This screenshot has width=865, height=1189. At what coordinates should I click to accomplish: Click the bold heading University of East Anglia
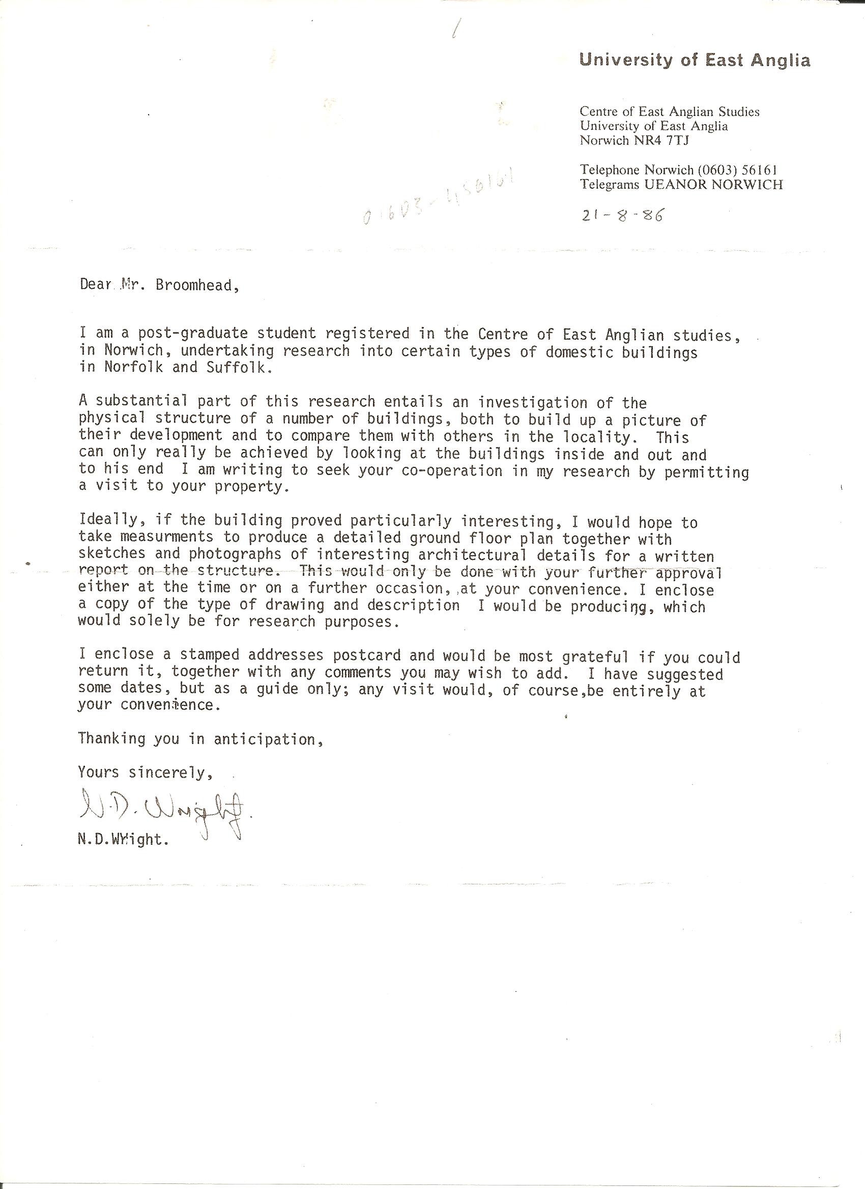click(695, 61)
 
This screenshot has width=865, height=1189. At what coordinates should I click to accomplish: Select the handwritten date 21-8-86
click(622, 216)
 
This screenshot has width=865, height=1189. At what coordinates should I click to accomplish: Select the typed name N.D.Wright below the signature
click(124, 840)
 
